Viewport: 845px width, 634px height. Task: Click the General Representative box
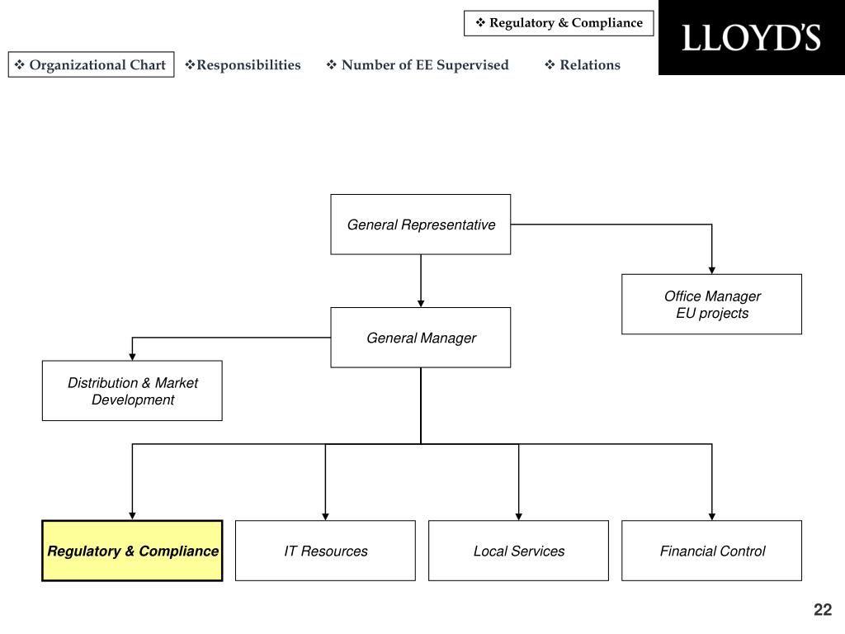click(x=420, y=225)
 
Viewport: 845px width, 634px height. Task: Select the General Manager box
click(x=420, y=338)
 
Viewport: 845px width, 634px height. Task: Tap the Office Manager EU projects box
click(x=711, y=304)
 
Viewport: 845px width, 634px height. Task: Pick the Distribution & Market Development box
click(x=132, y=390)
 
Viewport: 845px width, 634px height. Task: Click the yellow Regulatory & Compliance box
click(x=132, y=551)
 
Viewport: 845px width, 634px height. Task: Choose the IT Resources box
click(x=325, y=551)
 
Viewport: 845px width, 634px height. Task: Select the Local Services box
click(x=518, y=551)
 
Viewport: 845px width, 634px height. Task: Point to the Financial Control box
click(x=711, y=551)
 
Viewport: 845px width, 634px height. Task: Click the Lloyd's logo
click(x=751, y=38)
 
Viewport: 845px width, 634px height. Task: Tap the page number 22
click(x=823, y=609)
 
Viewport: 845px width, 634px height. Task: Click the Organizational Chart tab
click(x=91, y=64)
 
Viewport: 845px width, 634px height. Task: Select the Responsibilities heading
click(x=243, y=64)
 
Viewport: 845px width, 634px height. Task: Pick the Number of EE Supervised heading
click(x=418, y=64)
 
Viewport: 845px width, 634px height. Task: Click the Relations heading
click(x=583, y=64)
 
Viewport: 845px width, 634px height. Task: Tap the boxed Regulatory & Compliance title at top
click(x=559, y=23)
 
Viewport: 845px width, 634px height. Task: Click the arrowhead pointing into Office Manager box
click(x=712, y=270)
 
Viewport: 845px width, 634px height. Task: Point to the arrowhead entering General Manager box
click(x=421, y=304)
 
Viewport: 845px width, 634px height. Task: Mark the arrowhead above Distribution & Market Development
click(x=132, y=357)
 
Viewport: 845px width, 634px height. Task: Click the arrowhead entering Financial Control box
click(x=712, y=517)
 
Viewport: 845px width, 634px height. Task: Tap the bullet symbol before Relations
click(x=550, y=64)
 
